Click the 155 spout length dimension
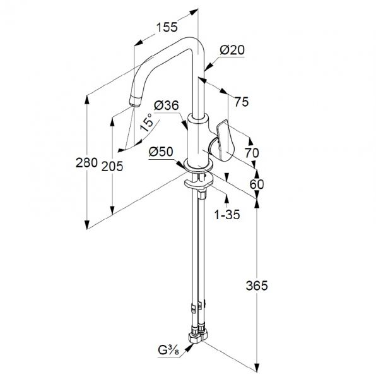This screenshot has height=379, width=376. (167, 27)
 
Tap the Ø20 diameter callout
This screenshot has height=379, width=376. (232, 50)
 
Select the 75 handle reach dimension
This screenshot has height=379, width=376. (242, 102)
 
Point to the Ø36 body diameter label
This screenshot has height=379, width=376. (167, 105)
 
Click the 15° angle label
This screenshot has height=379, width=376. (147, 123)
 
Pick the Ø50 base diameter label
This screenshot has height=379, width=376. (161, 152)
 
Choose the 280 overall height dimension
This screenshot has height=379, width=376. (86, 162)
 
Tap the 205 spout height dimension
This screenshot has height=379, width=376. (112, 166)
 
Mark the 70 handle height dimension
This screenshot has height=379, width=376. (252, 153)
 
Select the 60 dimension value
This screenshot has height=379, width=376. (257, 184)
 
